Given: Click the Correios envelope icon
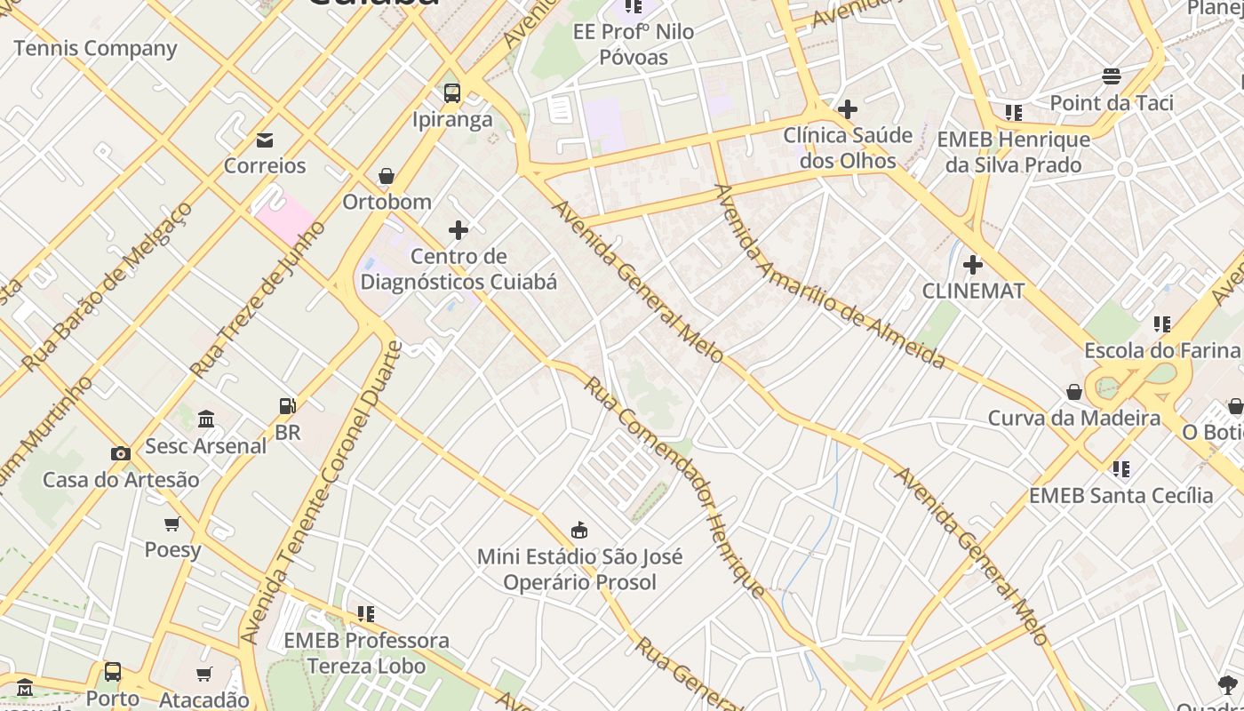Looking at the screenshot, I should point(264,140).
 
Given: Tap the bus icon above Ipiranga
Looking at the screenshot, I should point(451,92).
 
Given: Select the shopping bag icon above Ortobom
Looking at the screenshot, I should point(387,176).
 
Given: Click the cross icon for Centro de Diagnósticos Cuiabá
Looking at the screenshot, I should point(458,231).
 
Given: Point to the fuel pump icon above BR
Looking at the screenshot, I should point(287,406).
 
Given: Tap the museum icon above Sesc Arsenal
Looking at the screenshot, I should point(206,419).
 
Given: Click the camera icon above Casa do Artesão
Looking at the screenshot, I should point(121,453).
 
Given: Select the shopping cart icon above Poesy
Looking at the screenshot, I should point(172,523).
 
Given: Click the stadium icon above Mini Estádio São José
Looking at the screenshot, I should point(579,531).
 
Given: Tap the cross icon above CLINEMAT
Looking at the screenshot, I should point(973,264).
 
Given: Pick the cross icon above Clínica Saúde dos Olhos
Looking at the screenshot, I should point(848,109).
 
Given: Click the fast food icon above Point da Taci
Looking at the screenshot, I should point(1111,76).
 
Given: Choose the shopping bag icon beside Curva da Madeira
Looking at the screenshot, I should point(1074,392).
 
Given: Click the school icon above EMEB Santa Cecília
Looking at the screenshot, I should point(1121,468).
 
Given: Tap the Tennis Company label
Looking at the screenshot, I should point(95,48).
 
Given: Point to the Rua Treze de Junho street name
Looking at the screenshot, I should point(258,299).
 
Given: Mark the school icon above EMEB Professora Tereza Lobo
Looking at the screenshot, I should point(365,613).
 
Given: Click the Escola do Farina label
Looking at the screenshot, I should point(1161,350).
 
